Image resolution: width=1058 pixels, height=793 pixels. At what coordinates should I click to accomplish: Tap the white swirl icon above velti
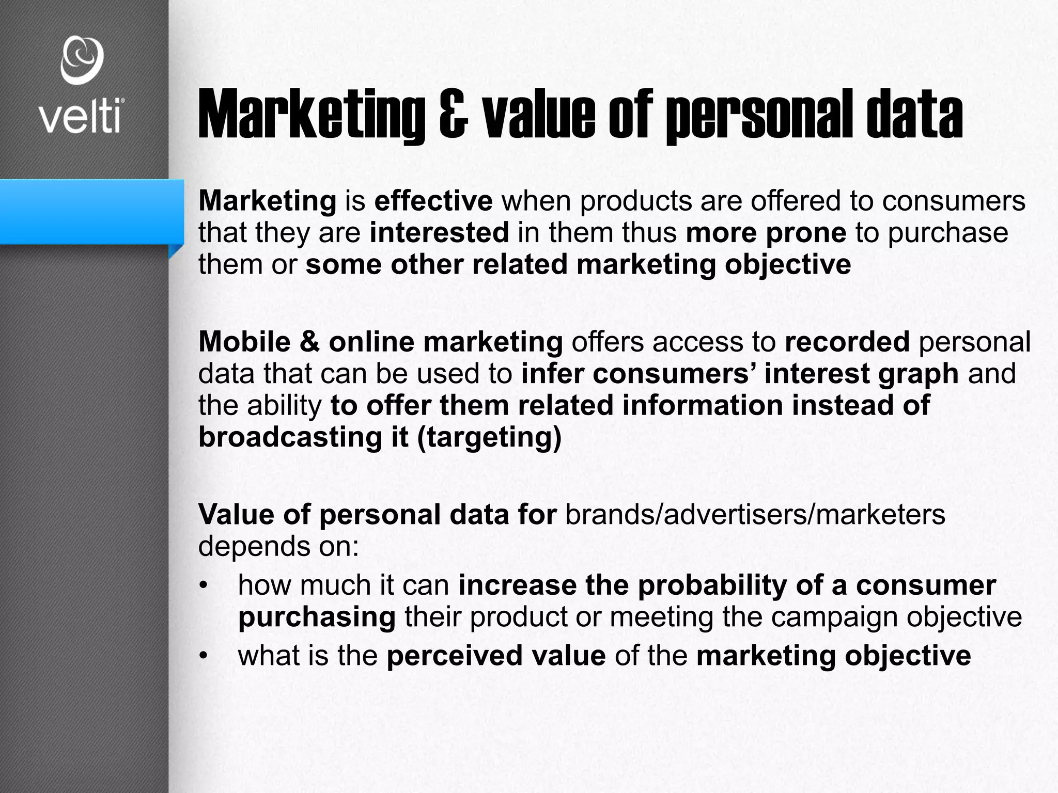82,60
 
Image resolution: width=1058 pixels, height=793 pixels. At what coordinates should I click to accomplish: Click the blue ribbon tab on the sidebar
91,212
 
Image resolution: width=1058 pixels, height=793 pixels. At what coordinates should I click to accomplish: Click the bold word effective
433,201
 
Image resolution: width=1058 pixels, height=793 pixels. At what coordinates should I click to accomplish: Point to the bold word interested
440,233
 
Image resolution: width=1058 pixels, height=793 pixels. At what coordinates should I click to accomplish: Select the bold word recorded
847,342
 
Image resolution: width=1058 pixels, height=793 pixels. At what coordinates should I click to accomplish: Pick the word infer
552,373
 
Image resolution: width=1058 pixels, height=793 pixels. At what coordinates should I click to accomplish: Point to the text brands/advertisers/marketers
756,515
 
